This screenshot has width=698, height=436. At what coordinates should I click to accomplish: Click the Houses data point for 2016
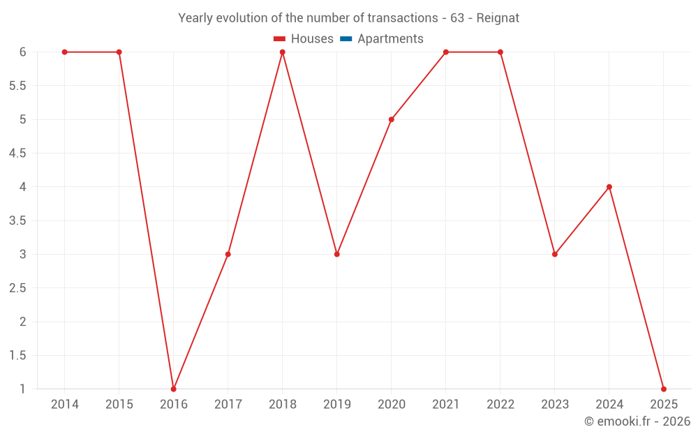click(x=174, y=389)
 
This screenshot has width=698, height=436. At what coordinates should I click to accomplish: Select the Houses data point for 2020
click(x=392, y=119)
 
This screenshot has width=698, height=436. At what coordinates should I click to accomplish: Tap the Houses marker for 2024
click(x=609, y=187)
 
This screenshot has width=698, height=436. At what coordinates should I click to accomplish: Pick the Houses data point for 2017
click(x=228, y=254)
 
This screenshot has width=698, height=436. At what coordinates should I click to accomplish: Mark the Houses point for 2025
click(x=664, y=389)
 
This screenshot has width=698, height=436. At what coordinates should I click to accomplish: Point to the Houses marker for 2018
click(x=283, y=52)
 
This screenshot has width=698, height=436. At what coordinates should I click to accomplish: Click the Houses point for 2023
click(x=555, y=254)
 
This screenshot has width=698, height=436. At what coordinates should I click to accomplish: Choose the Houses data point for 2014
click(x=65, y=52)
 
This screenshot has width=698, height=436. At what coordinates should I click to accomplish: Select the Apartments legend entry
click(x=390, y=39)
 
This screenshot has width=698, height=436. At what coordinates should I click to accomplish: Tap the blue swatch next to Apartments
click(x=346, y=39)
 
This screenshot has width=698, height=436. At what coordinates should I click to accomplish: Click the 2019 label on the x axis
click(x=337, y=405)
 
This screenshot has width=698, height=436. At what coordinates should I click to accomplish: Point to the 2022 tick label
click(x=500, y=405)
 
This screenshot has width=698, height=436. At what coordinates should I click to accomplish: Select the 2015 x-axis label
click(x=119, y=405)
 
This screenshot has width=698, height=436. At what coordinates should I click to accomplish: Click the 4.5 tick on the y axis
click(x=17, y=153)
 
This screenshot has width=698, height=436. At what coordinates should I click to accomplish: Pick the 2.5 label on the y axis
click(x=17, y=288)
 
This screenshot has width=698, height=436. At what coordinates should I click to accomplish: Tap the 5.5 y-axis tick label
click(x=17, y=86)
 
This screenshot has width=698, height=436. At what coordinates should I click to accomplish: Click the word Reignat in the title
click(x=498, y=18)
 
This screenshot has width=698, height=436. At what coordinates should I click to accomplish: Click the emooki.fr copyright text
click(x=637, y=421)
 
